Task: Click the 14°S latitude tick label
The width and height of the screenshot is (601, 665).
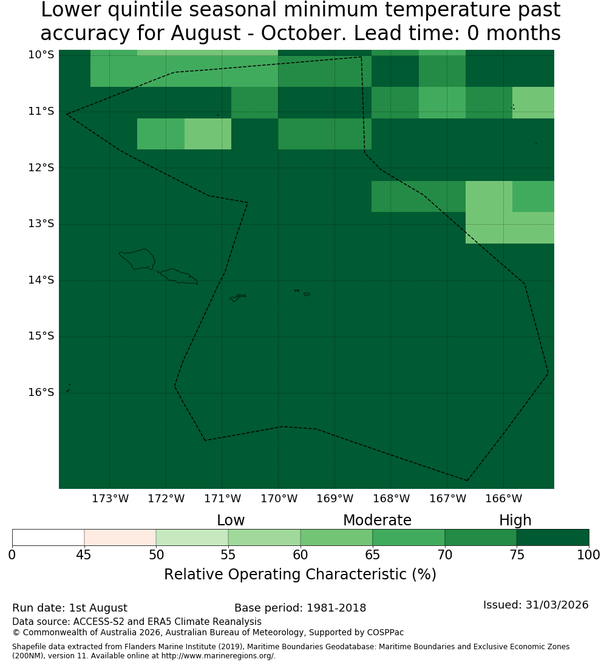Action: (x=41, y=280)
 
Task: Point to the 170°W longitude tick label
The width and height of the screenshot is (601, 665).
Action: (x=279, y=499)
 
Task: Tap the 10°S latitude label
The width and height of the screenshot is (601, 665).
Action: (x=41, y=55)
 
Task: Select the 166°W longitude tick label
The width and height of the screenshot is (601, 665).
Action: (x=503, y=499)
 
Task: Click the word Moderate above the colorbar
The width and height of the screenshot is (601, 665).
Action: (x=377, y=520)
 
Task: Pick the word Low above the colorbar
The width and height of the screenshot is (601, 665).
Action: (x=231, y=520)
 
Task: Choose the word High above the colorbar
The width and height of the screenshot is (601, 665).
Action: (x=515, y=520)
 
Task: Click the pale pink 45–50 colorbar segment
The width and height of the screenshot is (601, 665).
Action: (x=120, y=537)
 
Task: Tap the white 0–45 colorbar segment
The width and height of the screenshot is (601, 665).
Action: (x=49, y=537)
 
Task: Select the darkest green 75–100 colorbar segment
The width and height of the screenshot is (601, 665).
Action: (x=552, y=537)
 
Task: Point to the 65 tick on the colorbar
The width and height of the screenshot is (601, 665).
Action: (x=373, y=554)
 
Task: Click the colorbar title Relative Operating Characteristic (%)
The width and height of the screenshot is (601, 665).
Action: (x=300, y=575)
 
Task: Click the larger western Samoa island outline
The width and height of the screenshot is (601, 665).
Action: (x=138, y=259)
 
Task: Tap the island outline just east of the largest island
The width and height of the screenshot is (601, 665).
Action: (x=178, y=276)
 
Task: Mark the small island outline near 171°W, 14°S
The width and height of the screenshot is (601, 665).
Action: (x=237, y=298)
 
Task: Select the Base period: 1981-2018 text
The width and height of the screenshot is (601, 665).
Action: (x=300, y=608)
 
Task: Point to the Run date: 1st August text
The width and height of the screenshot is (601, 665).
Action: (x=69, y=608)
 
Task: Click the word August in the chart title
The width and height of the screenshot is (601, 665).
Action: (x=206, y=33)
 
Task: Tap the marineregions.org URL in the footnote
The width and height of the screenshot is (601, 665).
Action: (x=218, y=656)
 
